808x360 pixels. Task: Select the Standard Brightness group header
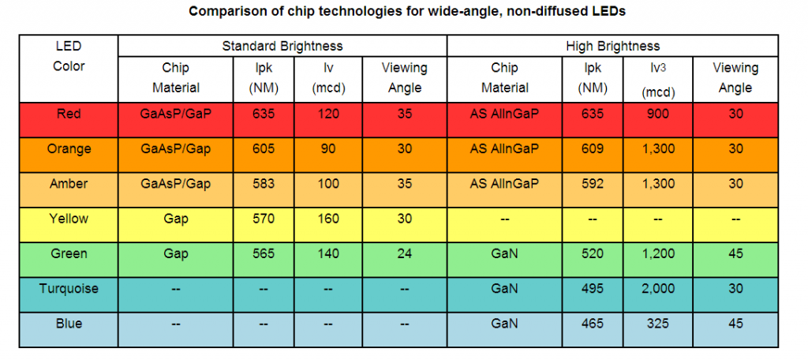(x=282, y=46)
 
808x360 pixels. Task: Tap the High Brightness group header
(x=612, y=46)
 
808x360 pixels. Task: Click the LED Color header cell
(x=69, y=56)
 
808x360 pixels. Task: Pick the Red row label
(x=69, y=114)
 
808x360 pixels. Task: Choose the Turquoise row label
(x=69, y=289)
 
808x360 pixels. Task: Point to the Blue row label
(x=69, y=324)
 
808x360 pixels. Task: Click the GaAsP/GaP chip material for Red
(x=175, y=114)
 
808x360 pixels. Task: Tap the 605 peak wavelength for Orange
(x=264, y=148)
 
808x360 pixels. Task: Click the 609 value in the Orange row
(x=591, y=148)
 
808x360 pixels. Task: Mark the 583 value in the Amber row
(x=264, y=184)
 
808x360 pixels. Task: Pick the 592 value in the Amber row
(x=591, y=184)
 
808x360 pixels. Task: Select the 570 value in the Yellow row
(x=264, y=219)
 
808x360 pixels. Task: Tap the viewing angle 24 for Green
(x=405, y=254)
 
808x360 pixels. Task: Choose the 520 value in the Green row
(x=591, y=254)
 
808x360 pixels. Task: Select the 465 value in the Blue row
(x=591, y=324)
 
